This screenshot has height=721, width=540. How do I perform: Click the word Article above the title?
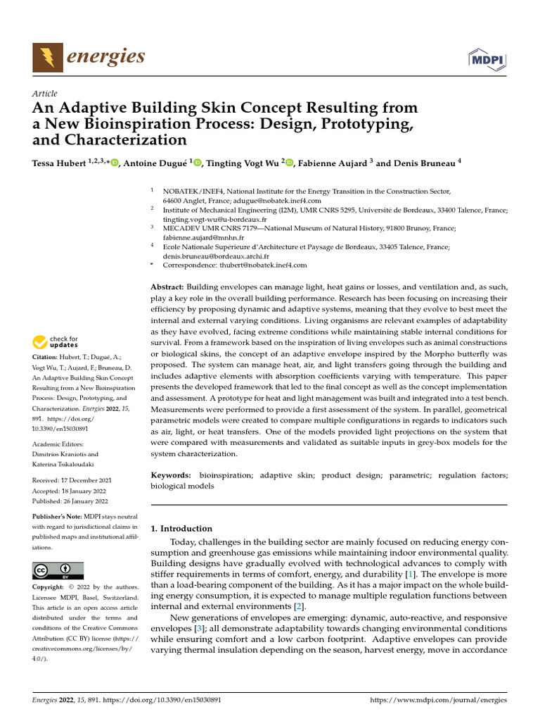[44, 94]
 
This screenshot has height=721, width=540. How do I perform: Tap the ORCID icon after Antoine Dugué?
[198, 163]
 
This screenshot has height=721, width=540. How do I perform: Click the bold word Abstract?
[167, 287]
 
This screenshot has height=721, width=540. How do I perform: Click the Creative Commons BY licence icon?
[58, 570]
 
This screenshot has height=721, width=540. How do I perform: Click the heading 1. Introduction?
[181, 529]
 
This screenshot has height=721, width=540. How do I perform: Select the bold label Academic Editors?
[58, 444]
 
